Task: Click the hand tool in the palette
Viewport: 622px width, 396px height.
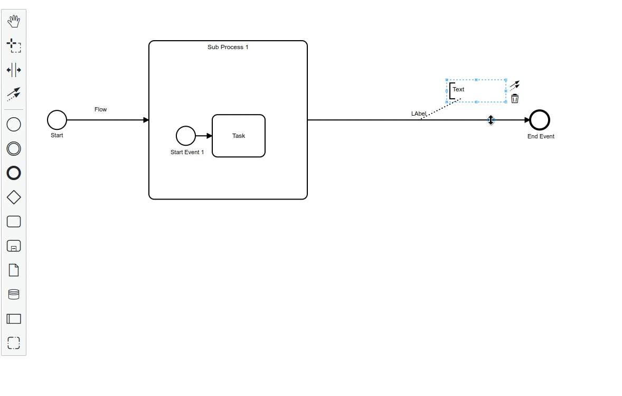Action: point(14,21)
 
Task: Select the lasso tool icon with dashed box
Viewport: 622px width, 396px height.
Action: point(14,45)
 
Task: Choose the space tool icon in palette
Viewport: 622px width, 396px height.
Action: point(14,70)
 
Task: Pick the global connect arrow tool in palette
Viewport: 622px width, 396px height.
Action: point(14,94)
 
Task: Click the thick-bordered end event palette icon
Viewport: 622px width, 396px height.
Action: point(14,173)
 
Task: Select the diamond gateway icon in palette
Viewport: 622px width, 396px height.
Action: point(14,197)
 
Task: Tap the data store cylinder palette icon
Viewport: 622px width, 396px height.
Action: point(14,295)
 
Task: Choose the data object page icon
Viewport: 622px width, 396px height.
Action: point(14,270)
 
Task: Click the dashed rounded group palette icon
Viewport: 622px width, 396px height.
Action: point(14,343)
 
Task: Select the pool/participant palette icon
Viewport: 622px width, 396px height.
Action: point(14,319)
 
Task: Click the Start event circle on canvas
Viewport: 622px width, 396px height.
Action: point(57,120)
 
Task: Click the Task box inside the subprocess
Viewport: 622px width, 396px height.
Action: point(239,136)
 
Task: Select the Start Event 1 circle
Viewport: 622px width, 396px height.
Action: point(186,136)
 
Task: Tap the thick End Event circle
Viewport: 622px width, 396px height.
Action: point(540,120)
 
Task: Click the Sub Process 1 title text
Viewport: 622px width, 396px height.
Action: point(228,47)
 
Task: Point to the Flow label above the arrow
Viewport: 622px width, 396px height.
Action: point(100,109)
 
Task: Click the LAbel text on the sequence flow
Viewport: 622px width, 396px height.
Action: point(418,114)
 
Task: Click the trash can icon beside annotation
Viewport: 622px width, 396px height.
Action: point(515,99)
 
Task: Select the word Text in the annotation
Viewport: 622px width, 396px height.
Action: point(458,89)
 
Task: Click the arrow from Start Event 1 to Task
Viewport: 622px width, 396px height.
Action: point(203,136)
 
